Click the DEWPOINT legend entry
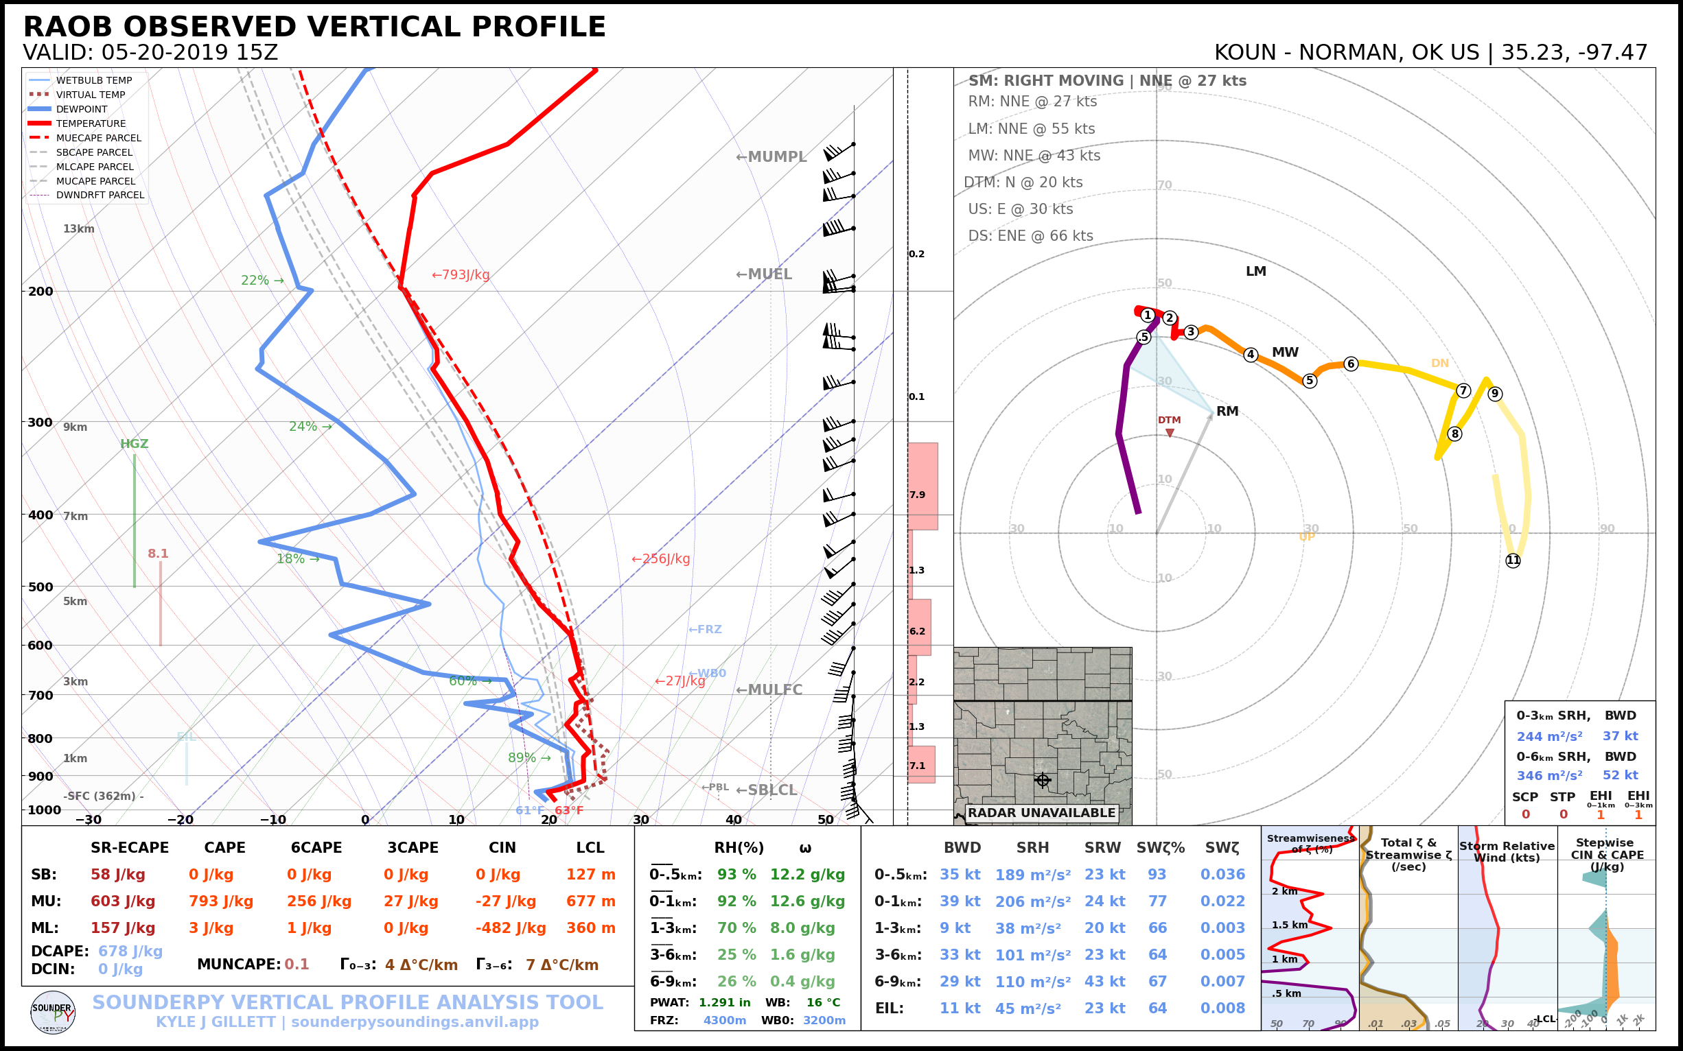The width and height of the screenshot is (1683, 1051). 82,109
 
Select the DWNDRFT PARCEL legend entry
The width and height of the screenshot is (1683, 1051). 100,196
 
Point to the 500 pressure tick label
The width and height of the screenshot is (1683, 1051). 40,587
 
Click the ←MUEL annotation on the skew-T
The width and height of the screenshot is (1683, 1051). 764,274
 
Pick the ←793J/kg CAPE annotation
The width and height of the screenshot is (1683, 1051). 461,274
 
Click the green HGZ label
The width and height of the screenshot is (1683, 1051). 135,443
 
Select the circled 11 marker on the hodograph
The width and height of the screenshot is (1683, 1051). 1513,560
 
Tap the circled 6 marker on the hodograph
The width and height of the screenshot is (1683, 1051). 1351,364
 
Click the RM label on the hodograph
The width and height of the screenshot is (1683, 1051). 1227,411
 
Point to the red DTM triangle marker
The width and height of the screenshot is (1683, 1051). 1170,433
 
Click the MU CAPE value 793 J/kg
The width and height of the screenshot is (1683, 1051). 220,901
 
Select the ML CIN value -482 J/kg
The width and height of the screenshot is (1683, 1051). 511,928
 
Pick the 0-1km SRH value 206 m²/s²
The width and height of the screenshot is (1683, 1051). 1033,901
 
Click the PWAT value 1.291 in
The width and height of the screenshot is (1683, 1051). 725,1002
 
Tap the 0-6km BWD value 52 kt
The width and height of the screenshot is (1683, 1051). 1621,775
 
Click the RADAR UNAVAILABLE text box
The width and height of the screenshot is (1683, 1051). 1041,812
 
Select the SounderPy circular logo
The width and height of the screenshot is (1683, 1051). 53,1013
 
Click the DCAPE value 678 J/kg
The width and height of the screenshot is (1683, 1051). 130,952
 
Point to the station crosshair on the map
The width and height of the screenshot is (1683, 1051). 1043,780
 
